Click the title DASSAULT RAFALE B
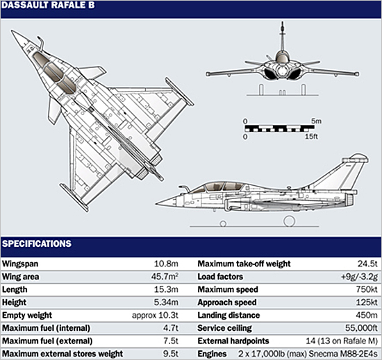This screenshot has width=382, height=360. (48, 5)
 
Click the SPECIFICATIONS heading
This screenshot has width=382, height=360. (37, 243)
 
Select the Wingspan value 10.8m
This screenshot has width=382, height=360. (166, 264)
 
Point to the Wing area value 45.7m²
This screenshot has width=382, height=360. (165, 277)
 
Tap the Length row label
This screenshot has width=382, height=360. (15, 289)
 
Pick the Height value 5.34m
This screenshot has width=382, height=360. (166, 302)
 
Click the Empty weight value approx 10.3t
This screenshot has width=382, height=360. (155, 315)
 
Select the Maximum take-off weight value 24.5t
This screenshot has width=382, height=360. (367, 264)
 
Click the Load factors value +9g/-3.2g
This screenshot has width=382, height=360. (359, 277)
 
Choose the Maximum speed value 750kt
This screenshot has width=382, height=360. (367, 289)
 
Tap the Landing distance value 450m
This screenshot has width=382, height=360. (367, 315)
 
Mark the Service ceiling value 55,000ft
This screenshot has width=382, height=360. (362, 328)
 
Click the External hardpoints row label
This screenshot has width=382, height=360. (233, 341)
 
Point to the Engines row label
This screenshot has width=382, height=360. (212, 354)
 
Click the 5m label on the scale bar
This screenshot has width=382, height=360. (316, 121)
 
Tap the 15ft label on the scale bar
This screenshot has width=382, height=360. (312, 137)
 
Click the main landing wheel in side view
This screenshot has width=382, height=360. (290, 221)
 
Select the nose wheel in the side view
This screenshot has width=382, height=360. (223, 223)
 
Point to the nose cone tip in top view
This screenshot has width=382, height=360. (12, 31)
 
